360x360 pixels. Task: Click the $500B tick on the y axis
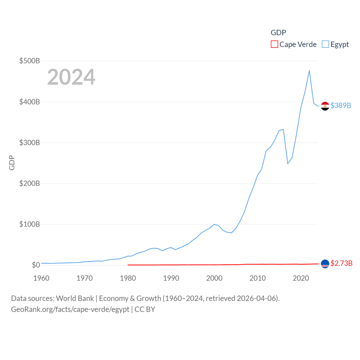pos(30,61)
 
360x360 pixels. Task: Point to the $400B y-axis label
pos(30,102)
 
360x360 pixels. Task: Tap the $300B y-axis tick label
pos(30,143)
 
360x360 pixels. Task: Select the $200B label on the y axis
pos(30,183)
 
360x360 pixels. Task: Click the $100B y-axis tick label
pos(30,224)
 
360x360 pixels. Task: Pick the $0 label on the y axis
pos(36,265)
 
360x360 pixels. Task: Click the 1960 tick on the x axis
pos(41,278)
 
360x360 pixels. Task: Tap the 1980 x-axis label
pos(128,278)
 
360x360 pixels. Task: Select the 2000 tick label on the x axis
pos(214,278)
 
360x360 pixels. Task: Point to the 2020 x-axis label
pos(301,278)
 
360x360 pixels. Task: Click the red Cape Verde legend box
pos(274,44)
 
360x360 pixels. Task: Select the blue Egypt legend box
pos(325,44)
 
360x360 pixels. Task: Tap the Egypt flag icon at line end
pos(325,106)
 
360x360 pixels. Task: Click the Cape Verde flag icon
pos(325,264)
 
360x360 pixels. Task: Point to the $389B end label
pos(341,105)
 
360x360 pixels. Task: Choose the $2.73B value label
pos(341,263)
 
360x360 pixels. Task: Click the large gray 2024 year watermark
pos(71,77)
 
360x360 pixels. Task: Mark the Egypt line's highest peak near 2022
pos(309,71)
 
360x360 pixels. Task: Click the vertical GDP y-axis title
pos(12,163)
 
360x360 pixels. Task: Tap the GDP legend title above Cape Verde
pos(278,33)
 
